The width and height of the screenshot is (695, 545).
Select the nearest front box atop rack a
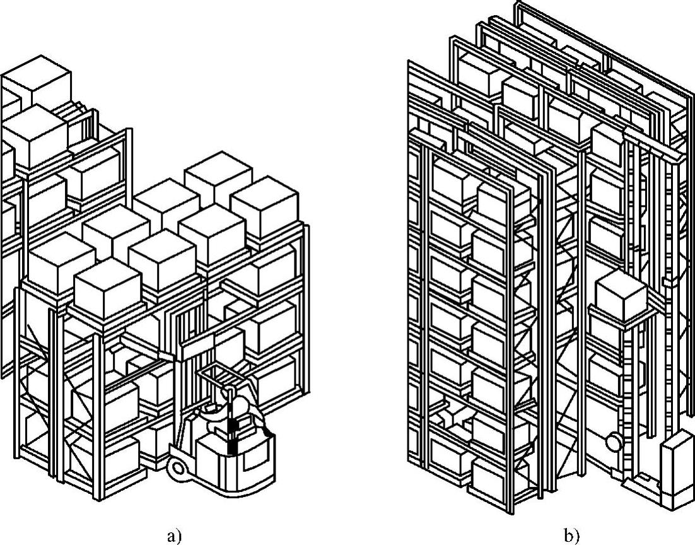pyautogui.click(x=107, y=287)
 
